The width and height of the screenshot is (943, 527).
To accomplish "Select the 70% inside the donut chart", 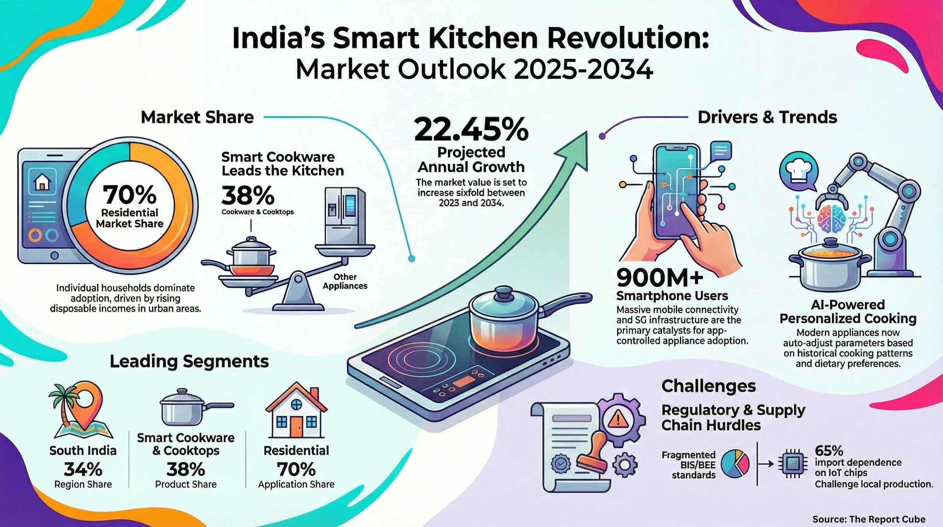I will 130,195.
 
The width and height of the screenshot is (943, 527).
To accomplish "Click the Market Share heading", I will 197,117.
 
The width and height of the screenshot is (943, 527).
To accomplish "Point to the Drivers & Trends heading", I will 767,117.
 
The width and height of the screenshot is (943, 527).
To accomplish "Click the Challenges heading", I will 709,386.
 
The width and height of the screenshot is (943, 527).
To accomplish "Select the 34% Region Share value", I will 83,469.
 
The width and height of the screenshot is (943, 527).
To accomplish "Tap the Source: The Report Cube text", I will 869,519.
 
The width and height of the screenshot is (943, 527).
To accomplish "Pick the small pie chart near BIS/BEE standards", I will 735,464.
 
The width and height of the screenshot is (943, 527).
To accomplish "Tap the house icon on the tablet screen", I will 42,181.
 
